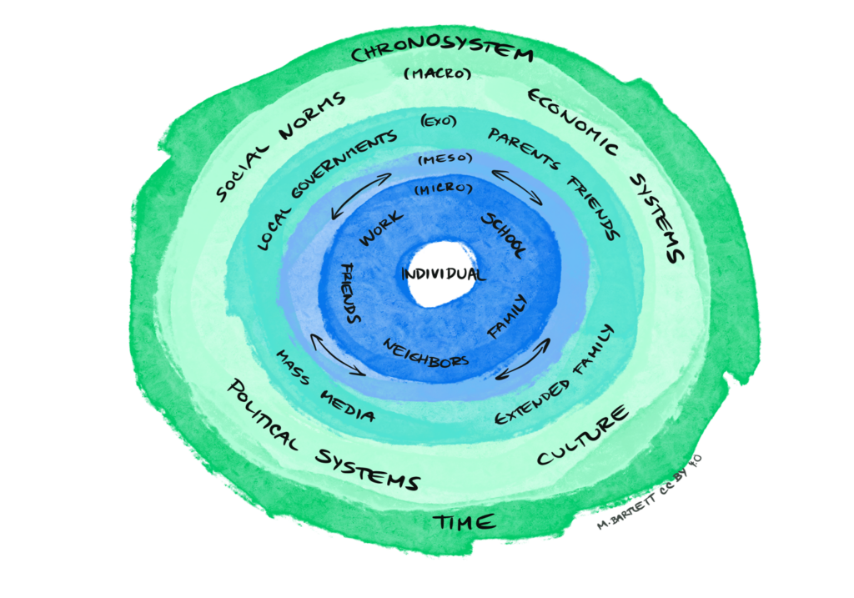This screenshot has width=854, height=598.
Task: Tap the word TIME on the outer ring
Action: pyautogui.click(x=464, y=523)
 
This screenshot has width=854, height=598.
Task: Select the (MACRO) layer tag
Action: pyautogui.click(x=437, y=75)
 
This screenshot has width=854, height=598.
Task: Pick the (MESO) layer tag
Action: pyautogui.click(x=444, y=158)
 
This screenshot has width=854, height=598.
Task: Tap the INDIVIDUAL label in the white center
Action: pyautogui.click(x=441, y=274)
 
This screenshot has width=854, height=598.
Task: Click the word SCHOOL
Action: pyautogui.click(x=504, y=234)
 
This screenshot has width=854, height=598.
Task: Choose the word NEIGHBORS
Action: pyautogui.click(x=425, y=354)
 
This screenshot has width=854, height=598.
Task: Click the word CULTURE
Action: pyautogui.click(x=581, y=435)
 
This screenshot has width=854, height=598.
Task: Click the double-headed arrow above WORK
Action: pyautogui.click(x=360, y=196)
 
